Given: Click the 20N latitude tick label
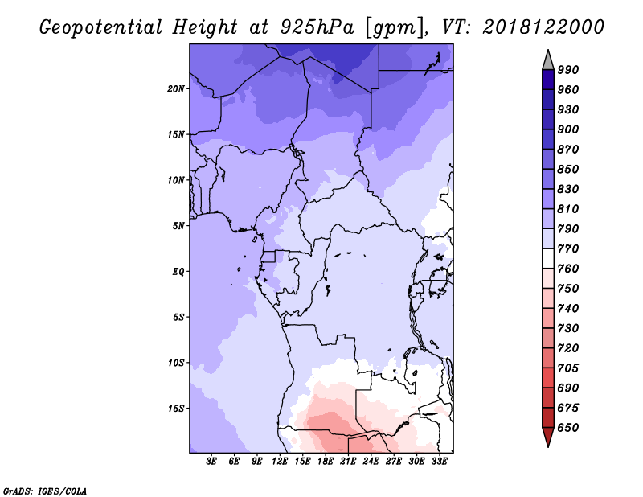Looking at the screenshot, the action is tap(176, 89).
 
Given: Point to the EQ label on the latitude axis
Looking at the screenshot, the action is tap(178, 272).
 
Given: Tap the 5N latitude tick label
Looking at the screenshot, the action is tap(178, 226).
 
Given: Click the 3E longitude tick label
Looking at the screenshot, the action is tap(211, 462).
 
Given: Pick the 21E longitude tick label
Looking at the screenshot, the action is tap(348, 462).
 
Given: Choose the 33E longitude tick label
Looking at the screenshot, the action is tap(439, 462).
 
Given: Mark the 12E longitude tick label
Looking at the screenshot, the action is tap(280, 462).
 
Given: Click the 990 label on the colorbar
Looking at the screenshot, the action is tap(568, 70).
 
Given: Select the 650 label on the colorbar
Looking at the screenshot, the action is tap(568, 428).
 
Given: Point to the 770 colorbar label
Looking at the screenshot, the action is tap(568, 249).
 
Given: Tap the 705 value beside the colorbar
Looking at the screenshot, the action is tap(568, 368).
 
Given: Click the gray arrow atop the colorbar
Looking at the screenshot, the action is tap(548, 60).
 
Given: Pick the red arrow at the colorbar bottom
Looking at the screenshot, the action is tap(548, 437).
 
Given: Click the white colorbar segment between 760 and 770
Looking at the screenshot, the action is tap(548, 259).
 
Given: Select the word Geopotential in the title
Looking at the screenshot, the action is tap(101, 27).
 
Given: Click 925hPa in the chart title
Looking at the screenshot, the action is tap(317, 27).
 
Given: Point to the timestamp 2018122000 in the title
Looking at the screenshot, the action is tap(543, 27).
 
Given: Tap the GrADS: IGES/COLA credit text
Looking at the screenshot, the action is tap(45, 491).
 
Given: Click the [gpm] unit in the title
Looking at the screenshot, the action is tap(395, 28).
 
